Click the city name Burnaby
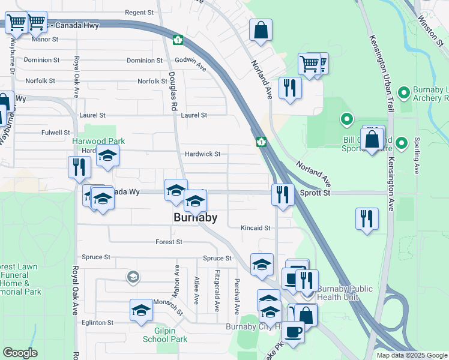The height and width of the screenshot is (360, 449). pyautogui.click(x=194, y=218)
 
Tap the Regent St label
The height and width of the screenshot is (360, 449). pyautogui.click(x=139, y=12)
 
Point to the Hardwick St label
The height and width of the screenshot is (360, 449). pyautogui.click(x=202, y=154)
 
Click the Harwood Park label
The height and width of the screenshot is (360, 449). pyautogui.click(x=98, y=141)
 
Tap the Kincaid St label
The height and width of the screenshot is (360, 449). pyautogui.click(x=256, y=228)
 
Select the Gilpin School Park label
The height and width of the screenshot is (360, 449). pyautogui.click(x=164, y=334)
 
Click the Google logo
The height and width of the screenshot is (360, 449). pyautogui.click(x=20, y=353)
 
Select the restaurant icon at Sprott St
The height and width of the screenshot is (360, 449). pyautogui.click(x=281, y=194)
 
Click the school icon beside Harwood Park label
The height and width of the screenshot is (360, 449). pyautogui.click(x=107, y=155)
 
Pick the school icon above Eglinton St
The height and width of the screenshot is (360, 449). pyautogui.click(x=141, y=310)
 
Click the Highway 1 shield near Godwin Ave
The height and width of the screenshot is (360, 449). pyautogui.click(x=178, y=40)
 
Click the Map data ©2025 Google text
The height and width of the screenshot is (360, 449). pyautogui.click(x=412, y=355)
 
